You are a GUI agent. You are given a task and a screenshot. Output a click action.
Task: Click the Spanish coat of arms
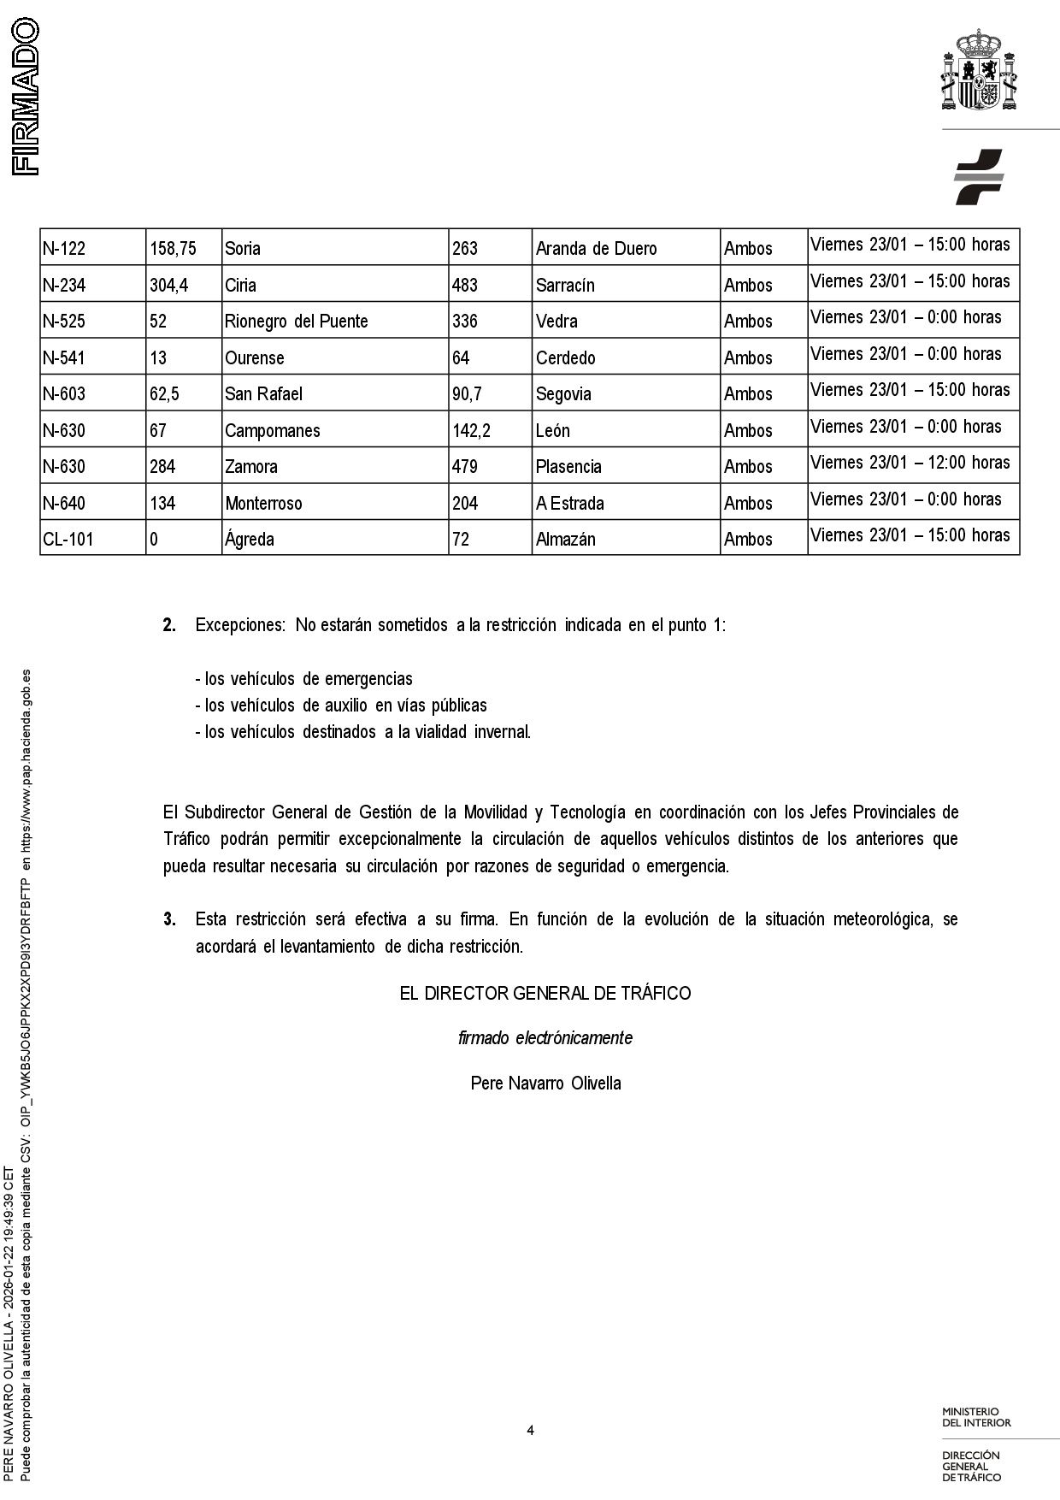[x=979, y=70]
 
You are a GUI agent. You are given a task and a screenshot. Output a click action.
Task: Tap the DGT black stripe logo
[x=979, y=176]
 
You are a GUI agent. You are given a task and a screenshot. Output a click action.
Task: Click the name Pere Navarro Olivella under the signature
[x=545, y=1084]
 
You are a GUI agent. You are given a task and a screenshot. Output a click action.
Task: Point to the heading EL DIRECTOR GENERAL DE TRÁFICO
[x=545, y=994]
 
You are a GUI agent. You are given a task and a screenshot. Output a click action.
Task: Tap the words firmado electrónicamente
[x=545, y=1038]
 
